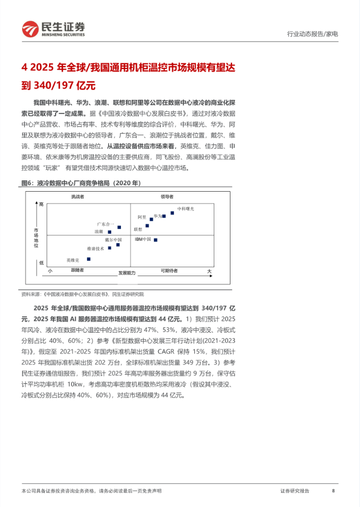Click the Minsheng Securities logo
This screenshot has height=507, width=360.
pos(53,29)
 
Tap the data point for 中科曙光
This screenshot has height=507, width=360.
pos(172,213)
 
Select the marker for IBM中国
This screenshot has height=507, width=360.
pos(155,240)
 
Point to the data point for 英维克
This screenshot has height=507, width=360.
pos(89,259)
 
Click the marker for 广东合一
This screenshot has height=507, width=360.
pos(119,227)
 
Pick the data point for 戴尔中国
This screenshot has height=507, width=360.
pos(118,245)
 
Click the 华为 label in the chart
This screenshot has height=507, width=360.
pos(158,215)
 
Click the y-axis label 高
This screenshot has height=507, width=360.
pos(41,204)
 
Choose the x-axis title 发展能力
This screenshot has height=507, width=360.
pos(127,273)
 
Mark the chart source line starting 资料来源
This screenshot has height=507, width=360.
pos(83,294)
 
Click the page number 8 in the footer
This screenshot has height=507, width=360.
pos(334,491)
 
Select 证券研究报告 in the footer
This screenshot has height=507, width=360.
pos(295,491)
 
